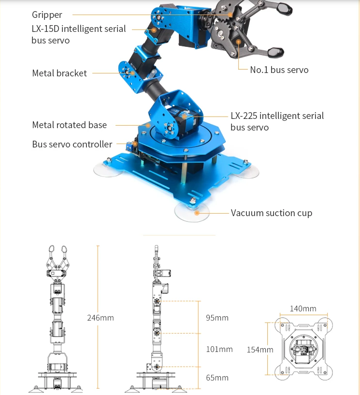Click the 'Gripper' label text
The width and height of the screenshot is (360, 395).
tap(47, 15)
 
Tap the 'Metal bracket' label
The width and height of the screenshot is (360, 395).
tap(59, 73)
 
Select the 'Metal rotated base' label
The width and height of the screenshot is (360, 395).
tap(70, 125)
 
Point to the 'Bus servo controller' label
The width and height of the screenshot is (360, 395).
tap(72, 145)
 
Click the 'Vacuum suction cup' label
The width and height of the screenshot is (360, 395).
tap(272, 213)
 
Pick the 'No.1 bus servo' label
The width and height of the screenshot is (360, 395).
tap(279, 70)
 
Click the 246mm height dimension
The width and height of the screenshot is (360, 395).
tap(101, 318)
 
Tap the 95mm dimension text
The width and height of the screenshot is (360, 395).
tap(217, 318)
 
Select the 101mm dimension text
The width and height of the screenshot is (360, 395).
tap(219, 349)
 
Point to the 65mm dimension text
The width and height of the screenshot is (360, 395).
tap(217, 378)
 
